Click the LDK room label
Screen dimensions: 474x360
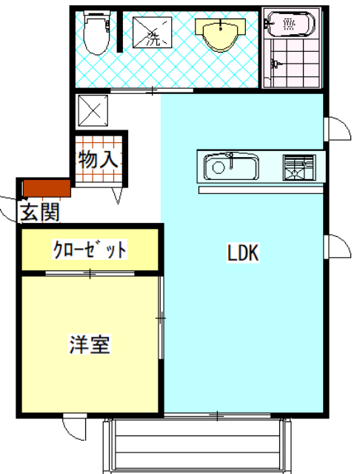pos(241,254)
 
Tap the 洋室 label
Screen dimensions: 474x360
pos(90,344)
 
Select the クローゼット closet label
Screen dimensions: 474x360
pos(89,250)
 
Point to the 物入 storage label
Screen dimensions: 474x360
pos(99,158)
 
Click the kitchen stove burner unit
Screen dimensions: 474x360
pos(299,167)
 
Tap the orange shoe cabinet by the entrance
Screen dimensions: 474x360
pos(44,188)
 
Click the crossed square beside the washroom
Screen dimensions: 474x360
pos(92,111)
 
